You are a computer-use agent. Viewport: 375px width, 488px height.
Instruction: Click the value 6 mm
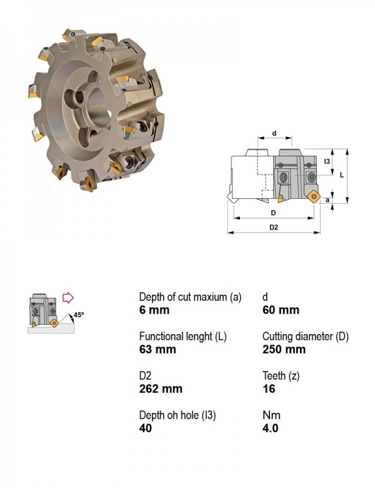pyautogui.click(x=154, y=310)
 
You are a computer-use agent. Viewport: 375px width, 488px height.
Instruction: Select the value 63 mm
pyautogui.click(x=157, y=349)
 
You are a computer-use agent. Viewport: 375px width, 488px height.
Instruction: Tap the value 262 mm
pyautogui.click(x=161, y=389)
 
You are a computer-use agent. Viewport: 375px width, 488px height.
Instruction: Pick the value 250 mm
pyautogui.click(x=284, y=349)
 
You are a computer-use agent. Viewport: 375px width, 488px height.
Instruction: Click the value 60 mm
pyautogui.click(x=281, y=310)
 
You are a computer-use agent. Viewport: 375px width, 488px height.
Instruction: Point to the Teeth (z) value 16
pyautogui.click(x=269, y=389)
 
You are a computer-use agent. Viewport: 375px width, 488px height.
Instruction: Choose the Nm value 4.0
pyautogui.click(x=270, y=428)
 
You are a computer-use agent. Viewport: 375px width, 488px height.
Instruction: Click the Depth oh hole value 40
pyautogui.click(x=146, y=428)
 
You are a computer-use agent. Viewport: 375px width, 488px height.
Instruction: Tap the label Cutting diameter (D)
pyautogui.click(x=306, y=337)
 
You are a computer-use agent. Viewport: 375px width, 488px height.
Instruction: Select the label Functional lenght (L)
pyautogui.click(x=183, y=337)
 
